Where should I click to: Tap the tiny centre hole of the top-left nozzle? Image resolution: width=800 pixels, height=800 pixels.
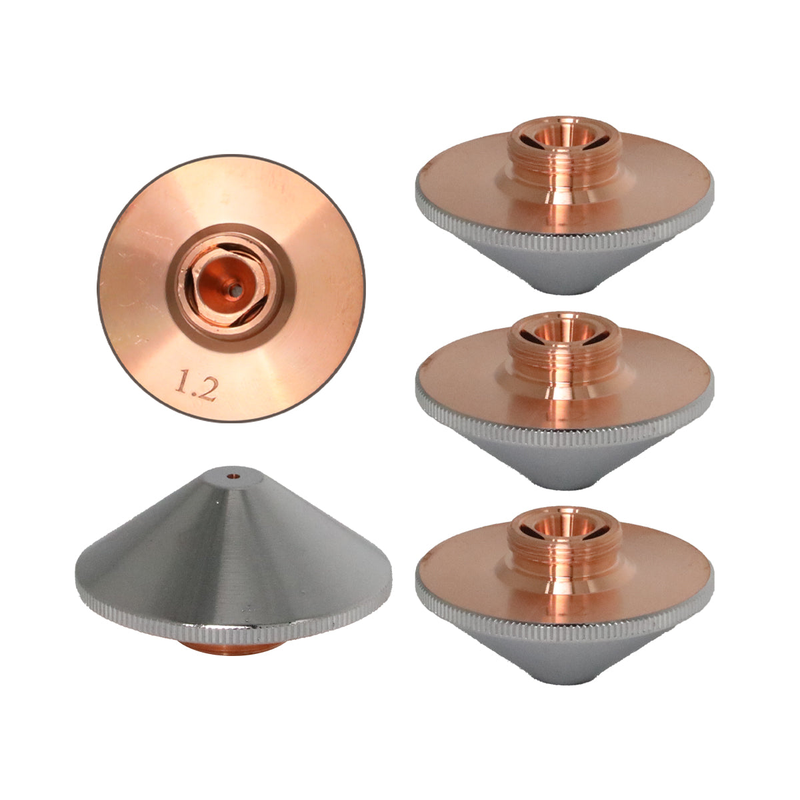(236, 291)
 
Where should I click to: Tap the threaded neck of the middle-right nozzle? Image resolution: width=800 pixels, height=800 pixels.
(565, 352)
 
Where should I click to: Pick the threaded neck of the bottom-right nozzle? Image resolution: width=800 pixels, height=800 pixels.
(565, 546)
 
